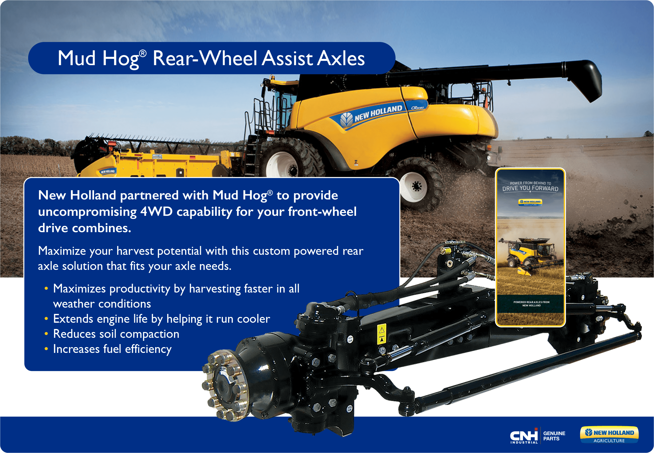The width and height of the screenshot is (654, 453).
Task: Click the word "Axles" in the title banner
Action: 341,58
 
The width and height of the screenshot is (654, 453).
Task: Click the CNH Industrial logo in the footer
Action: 524,435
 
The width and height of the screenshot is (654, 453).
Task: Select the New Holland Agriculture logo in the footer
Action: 609,435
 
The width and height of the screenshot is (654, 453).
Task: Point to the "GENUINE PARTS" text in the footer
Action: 554,436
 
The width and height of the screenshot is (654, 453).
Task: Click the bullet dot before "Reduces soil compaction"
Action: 46,334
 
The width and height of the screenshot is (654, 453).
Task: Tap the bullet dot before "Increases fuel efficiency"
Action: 46,349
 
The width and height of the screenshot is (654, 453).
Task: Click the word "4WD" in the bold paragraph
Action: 156,212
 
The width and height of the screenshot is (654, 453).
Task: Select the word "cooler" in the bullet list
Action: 254,319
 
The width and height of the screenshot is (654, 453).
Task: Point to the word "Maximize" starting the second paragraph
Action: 62,251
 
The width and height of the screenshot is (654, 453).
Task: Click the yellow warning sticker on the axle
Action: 382,334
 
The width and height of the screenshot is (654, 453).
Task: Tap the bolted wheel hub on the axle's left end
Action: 224,385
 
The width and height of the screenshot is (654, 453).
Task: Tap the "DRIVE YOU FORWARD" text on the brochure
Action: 530,188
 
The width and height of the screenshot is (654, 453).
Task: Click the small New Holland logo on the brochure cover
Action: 530,202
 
